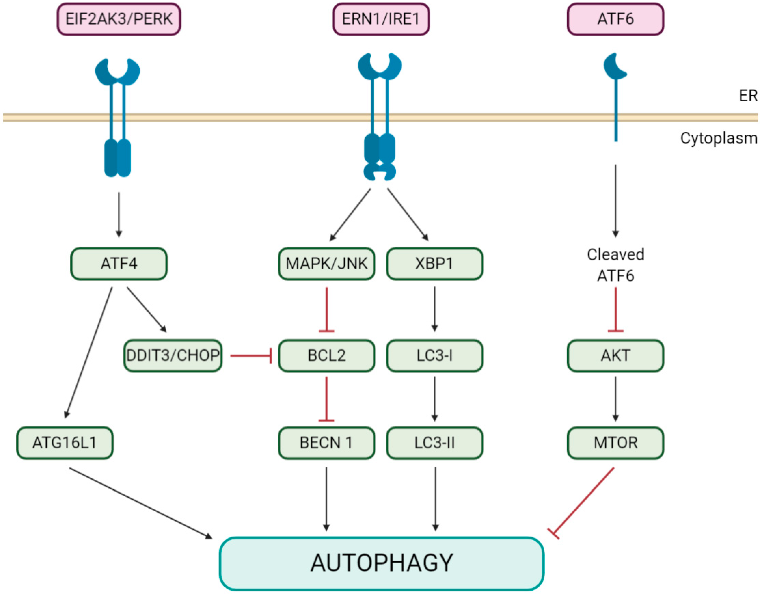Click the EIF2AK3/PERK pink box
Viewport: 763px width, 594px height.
click(119, 19)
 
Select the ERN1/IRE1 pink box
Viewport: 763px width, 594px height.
click(381, 19)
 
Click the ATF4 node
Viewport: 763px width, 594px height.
click(119, 264)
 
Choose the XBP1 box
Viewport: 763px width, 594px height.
click(435, 264)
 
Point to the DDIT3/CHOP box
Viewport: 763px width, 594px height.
click(173, 355)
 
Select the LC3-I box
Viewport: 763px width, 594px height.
click(435, 355)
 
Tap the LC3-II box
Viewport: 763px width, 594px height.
click(435, 443)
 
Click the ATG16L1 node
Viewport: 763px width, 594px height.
click(65, 443)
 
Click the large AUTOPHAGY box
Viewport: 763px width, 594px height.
click(381, 563)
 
